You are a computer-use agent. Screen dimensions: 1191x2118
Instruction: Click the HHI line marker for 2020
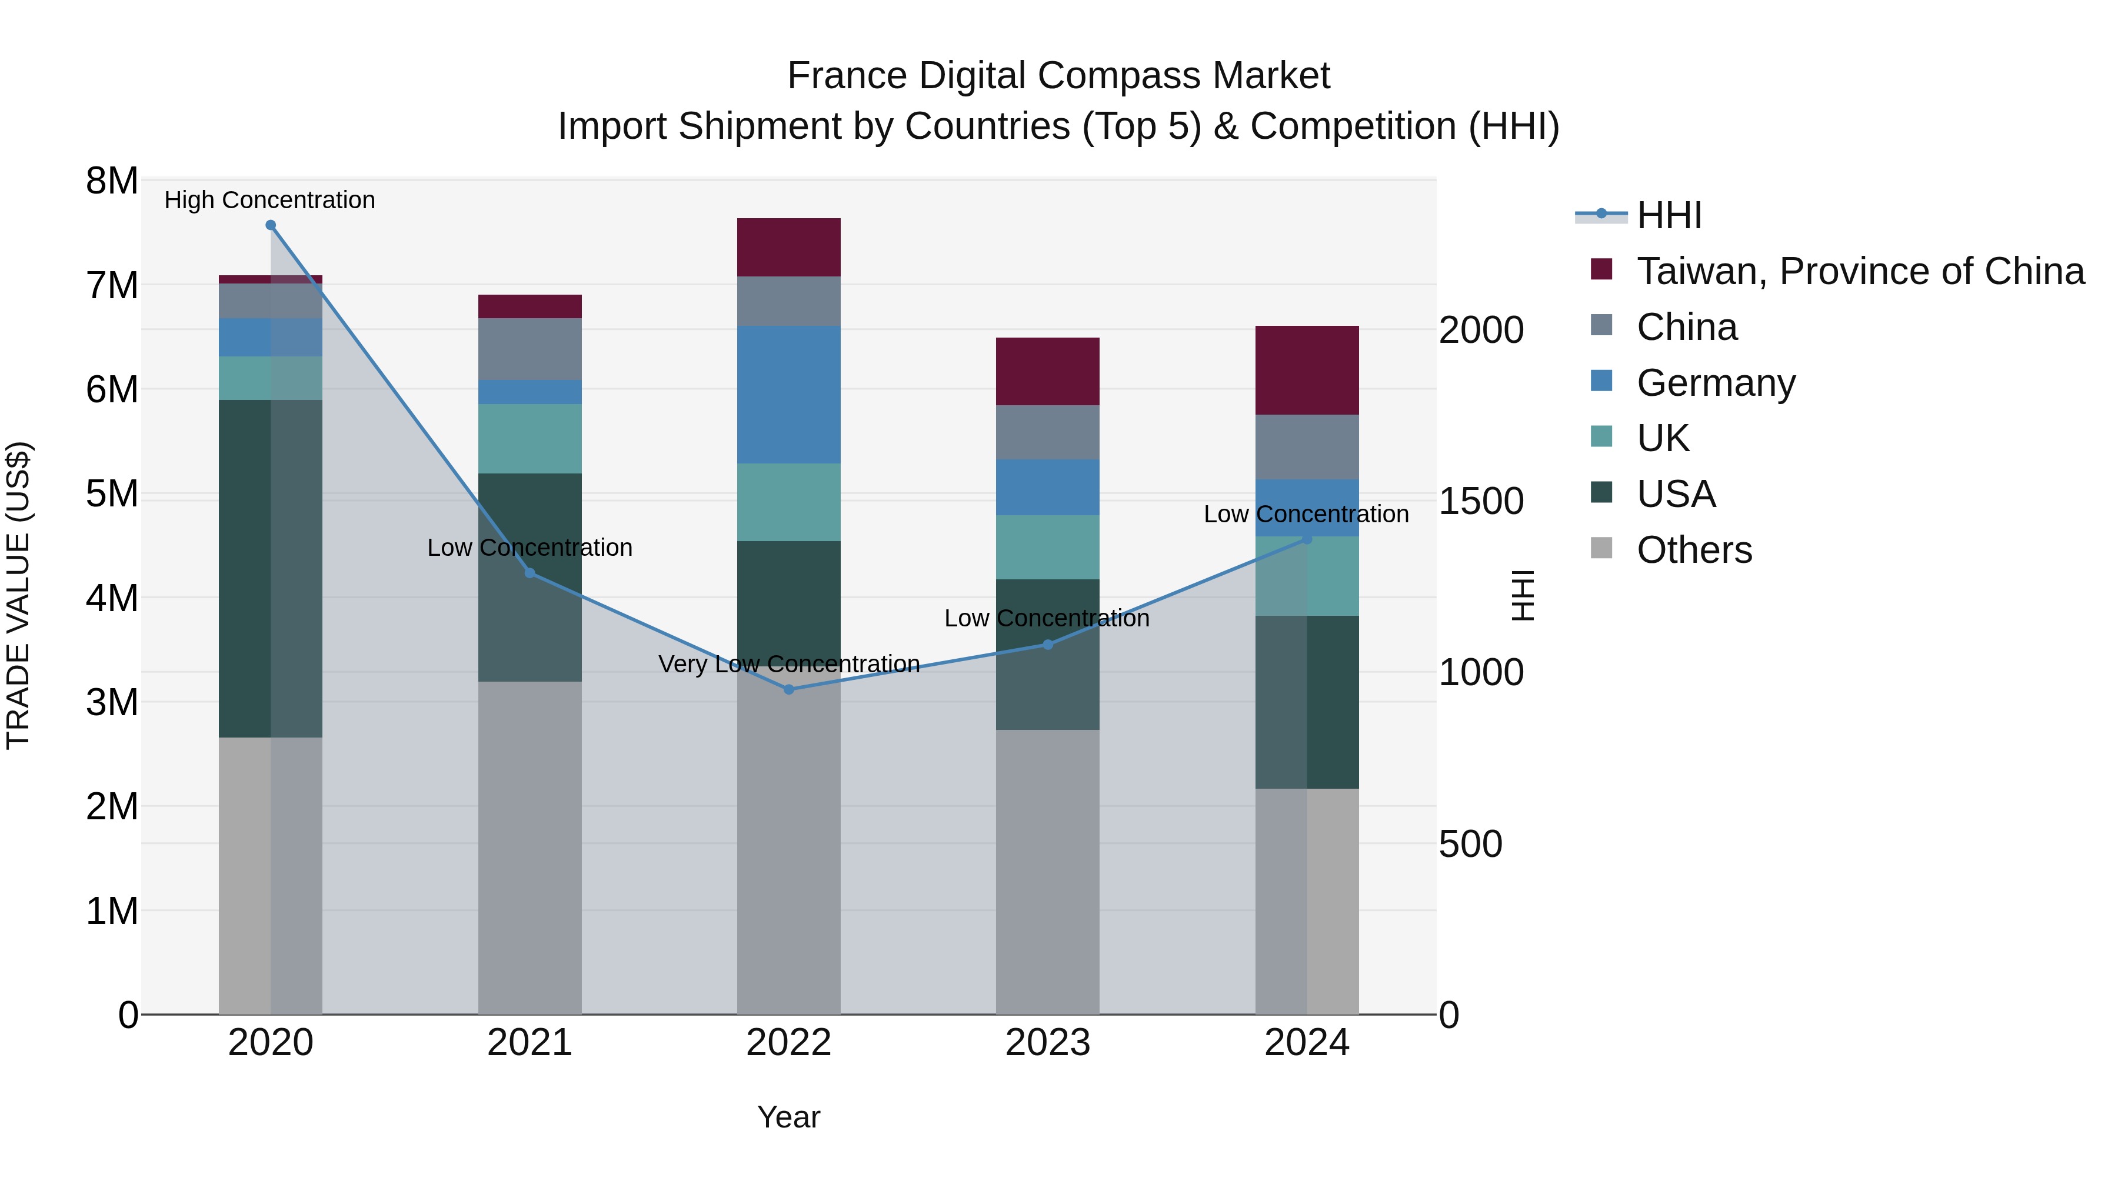click(x=271, y=225)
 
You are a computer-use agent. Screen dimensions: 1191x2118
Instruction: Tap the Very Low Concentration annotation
click(x=788, y=664)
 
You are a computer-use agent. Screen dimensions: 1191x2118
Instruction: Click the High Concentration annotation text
click(x=269, y=201)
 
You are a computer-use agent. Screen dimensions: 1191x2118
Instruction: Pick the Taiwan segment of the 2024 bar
click(x=1307, y=370)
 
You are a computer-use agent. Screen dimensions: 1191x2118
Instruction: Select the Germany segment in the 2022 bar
click(x=788, y=395)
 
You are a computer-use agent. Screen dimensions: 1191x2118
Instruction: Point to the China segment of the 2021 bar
click(x=529, y=349)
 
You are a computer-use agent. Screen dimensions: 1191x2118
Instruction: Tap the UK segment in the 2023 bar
click(x=1047, y=548)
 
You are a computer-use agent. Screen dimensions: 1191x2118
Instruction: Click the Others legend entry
click(x=1694, y=550)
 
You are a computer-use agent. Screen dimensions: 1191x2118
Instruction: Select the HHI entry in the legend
click(x=1669, y=215)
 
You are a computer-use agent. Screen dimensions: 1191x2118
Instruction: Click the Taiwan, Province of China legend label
click(x=1860, y=271)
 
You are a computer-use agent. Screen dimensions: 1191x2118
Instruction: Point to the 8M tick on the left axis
click(x=112, y=181)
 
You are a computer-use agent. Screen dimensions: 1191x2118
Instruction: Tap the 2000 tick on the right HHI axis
click(x=1481, y=331)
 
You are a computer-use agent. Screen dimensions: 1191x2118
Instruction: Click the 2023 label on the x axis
click(x=1047, y=1043)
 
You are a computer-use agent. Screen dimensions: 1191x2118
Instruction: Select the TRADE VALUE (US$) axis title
click(x=18, y=595)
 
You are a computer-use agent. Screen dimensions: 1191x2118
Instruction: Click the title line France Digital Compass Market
click(x=1058, y=76)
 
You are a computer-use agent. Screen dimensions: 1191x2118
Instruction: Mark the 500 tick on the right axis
click(x=1470, y=844)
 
